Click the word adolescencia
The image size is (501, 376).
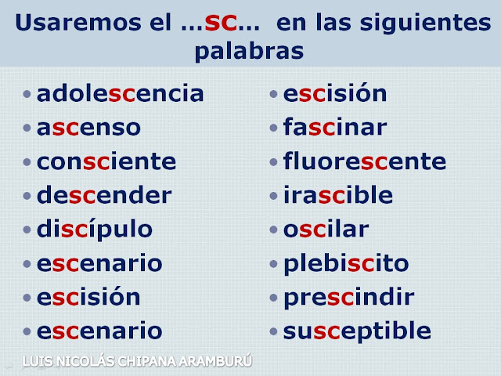(121, 94)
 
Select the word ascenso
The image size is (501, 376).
(89, 128)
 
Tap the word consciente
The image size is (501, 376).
(106, 162)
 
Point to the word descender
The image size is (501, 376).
(104, 196)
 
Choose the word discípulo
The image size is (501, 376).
(95, 230)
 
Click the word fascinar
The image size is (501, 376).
(335, 128)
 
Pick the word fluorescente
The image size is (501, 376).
(365, 162)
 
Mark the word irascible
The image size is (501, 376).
(338, 196)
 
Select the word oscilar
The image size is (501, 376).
(326, 230)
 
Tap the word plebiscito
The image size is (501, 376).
(346, 264)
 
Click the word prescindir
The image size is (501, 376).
(349, 298)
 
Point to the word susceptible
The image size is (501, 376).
(357, 331)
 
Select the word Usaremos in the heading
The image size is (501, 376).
(69, 23)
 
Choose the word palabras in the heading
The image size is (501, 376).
(249, 52)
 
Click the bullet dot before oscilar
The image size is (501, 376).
(273, 230)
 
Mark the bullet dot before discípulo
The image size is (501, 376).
(27, 230)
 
